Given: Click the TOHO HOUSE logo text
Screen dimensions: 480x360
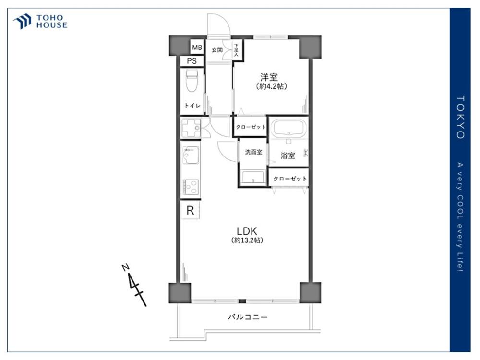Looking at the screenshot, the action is [52, 22].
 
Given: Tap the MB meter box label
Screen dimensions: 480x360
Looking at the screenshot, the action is [197, 48].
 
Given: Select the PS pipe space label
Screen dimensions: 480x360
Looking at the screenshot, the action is [192, 61].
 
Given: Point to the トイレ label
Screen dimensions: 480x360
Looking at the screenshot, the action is [192, 105].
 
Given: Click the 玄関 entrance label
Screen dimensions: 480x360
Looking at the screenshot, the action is [217, 50].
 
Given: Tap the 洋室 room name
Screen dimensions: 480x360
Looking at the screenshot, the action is [269, 77].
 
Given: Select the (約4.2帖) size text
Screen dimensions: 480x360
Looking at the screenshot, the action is [272, 86].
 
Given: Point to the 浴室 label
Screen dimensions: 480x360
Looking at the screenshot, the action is [288, 156].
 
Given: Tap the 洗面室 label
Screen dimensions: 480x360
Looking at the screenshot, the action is [253, 152].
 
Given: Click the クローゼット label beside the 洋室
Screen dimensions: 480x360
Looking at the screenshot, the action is [251, 127].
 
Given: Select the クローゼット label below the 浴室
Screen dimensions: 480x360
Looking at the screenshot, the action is [290, 179].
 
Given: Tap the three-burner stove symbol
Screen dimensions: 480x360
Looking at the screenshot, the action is [191, 186].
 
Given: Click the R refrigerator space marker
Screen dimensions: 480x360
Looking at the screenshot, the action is [191, 211].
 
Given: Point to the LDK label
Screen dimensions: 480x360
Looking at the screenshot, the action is [247, 231].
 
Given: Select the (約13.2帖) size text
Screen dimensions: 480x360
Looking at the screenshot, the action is [247, 240].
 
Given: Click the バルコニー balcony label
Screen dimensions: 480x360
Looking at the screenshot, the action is [248, 317].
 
